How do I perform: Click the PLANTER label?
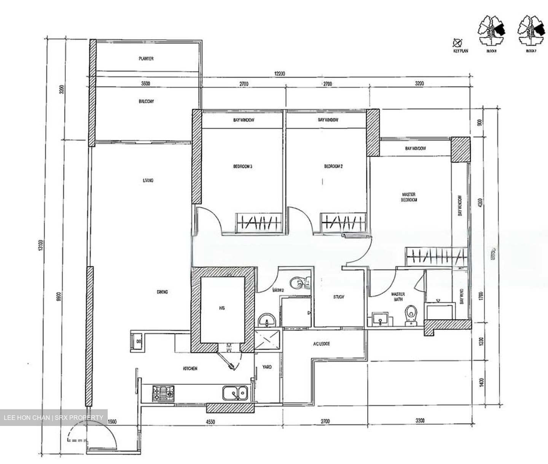coord(146,59)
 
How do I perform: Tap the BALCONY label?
coord(146,102)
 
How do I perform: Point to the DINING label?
coord(162,292)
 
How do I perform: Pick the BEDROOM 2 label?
coord(334,166)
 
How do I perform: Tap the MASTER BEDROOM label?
coord(409,197)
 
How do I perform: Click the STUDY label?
coord(338,297)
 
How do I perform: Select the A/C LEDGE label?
coord(322,344)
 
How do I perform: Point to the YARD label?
coord(267,367)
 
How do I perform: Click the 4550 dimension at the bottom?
coord(206,421)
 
